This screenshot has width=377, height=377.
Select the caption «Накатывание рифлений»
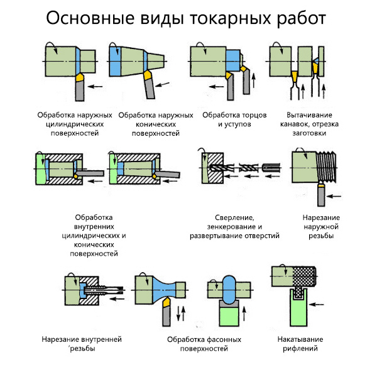click(300, 344)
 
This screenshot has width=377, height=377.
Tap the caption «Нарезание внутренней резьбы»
click(82, 344)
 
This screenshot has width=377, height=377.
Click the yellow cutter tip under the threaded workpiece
click(321, 186)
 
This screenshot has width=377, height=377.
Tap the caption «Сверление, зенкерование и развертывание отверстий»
click(234, 227)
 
